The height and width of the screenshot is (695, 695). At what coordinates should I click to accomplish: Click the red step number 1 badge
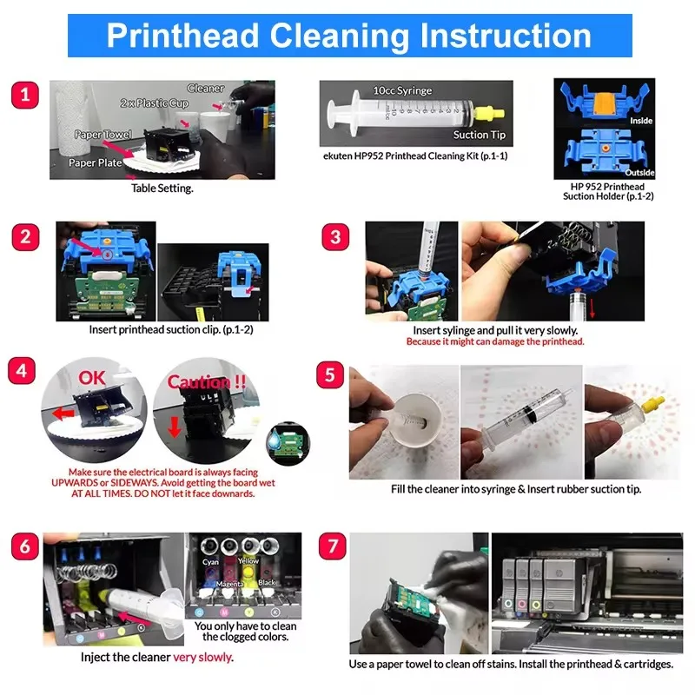25,95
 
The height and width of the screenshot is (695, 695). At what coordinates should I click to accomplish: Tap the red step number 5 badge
330,375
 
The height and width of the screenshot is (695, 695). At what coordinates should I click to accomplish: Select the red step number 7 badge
333,546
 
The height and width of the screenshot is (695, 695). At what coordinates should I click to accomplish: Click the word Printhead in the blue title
182,36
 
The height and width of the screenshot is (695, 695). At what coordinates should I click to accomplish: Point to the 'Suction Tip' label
480,135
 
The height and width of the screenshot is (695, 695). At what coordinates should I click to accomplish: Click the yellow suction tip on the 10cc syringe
489,114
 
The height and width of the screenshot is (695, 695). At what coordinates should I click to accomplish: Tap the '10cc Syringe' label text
402,90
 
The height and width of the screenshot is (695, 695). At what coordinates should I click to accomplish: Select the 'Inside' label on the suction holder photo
641,121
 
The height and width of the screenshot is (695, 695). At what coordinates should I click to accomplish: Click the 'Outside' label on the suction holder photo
639,172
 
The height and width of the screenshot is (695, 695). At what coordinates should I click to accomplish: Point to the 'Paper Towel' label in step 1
103,135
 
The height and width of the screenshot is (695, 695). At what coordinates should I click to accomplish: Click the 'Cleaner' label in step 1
206,89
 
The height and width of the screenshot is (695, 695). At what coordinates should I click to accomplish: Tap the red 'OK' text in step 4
92,378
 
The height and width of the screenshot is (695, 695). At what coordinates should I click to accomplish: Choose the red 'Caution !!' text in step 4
207,381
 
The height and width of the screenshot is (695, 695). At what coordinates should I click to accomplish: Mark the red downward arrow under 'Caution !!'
175,427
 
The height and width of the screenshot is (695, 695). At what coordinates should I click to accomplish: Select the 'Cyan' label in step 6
210,562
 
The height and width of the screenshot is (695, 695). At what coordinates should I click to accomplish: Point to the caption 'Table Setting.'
162,189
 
